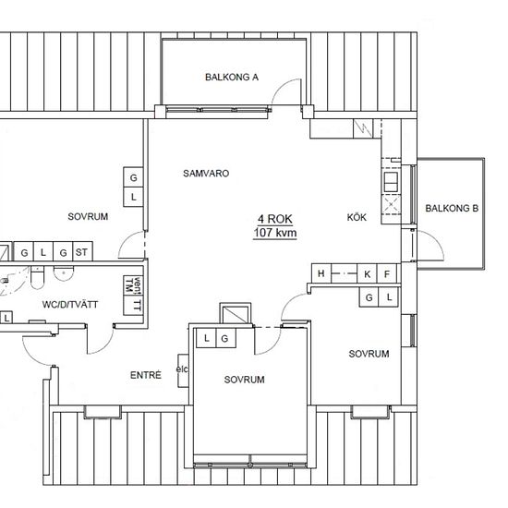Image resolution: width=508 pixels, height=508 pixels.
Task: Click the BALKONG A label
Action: [232, 77]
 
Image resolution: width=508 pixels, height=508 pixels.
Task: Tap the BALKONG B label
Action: [452, 209]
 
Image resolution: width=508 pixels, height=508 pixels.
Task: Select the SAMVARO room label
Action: [206, 174]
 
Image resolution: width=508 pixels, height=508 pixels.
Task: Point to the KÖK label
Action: [357, 217]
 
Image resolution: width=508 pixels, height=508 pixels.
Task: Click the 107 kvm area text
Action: [275, 233]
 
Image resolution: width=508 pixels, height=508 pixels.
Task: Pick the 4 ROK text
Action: [275, 219]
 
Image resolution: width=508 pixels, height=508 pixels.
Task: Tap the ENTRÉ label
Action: [145, 375]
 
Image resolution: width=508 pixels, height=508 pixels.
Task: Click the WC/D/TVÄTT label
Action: [70, 304]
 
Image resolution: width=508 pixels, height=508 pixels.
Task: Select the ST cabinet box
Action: [83, 251]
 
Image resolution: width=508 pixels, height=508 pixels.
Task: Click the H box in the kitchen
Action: [321, 273]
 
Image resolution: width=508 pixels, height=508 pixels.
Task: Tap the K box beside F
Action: [367, 274]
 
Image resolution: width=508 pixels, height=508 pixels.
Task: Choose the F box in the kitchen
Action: [387, 274]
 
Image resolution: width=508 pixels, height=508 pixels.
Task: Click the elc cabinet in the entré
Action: [183, 370]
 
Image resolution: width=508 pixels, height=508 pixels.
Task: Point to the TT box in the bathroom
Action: [133, 305]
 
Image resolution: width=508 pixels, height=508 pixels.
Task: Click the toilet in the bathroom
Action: [37, 278]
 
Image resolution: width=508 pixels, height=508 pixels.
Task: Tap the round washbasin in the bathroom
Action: [64, 273]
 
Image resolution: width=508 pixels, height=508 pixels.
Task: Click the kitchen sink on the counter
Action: [391, 182]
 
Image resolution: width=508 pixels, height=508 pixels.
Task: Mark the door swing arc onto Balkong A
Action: [283, 85]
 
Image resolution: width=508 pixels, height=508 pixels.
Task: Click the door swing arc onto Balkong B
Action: [436, 239]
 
